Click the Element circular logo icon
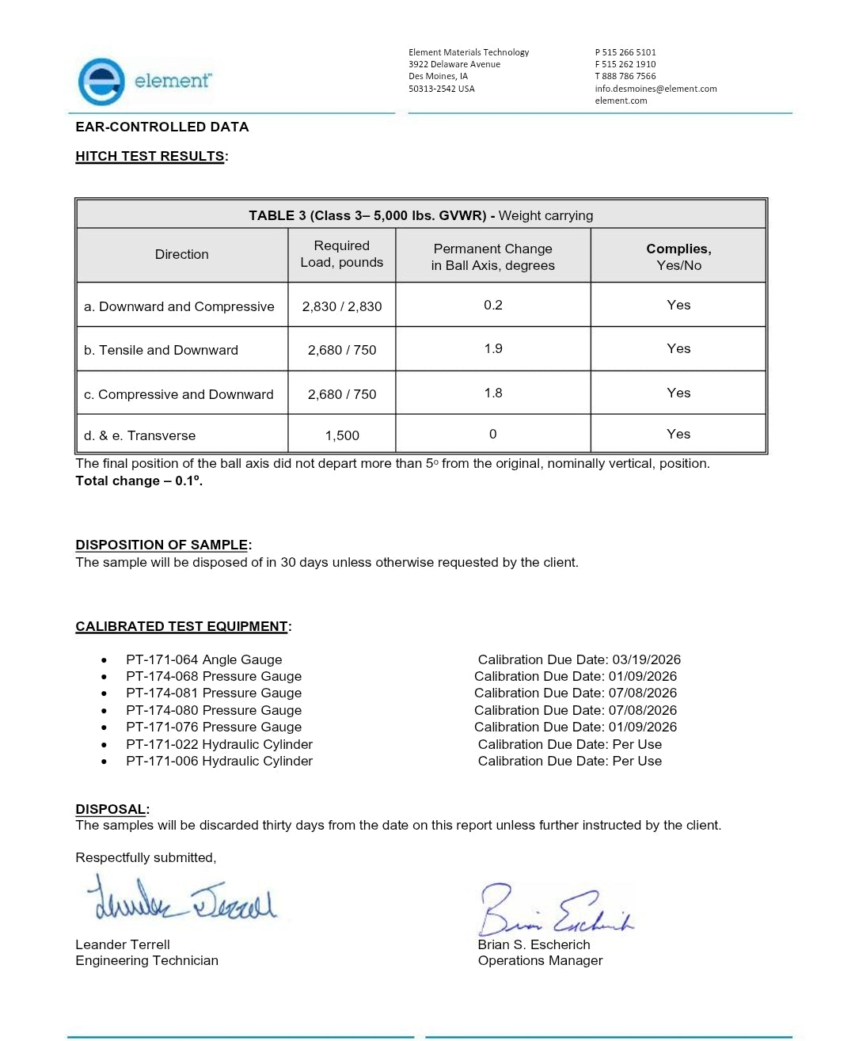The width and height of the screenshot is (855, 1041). tap(101, 81)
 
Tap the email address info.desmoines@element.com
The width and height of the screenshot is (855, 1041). tap(655, 89)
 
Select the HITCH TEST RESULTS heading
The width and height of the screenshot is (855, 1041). tap(150, 156)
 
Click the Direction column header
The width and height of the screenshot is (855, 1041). tap(182, 254)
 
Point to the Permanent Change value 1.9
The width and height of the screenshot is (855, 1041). tap(493, 348)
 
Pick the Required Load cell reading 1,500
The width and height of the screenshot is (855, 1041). tap(342, 435)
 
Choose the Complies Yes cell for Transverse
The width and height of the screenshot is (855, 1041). tap(678, 434)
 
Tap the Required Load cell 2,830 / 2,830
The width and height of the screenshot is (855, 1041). tap(342, 306)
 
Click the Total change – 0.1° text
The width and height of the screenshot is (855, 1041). tap(139, 481)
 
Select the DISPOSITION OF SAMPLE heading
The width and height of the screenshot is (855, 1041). tap(161, 545)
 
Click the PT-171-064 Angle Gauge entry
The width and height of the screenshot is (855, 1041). tap(203, 659)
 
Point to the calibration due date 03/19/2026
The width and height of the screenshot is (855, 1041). tap(646, 659)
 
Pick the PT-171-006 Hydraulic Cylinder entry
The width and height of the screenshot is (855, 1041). tap(218, 761)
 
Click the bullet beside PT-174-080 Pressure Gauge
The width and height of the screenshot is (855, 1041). tap(104, 711)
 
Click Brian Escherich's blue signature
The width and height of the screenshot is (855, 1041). tap(554, 910)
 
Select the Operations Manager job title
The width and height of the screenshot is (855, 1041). tap(540, 960)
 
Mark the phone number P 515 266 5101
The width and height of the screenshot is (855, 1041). tap(625, 52)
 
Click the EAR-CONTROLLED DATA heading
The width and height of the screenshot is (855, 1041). tap(161, 127)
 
